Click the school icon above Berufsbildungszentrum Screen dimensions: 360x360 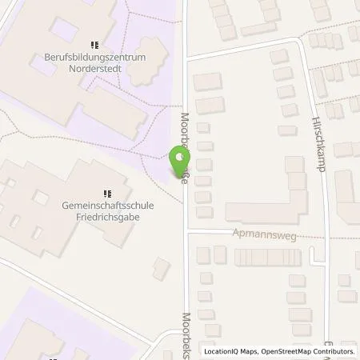94,45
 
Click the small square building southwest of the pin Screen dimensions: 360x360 162,269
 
